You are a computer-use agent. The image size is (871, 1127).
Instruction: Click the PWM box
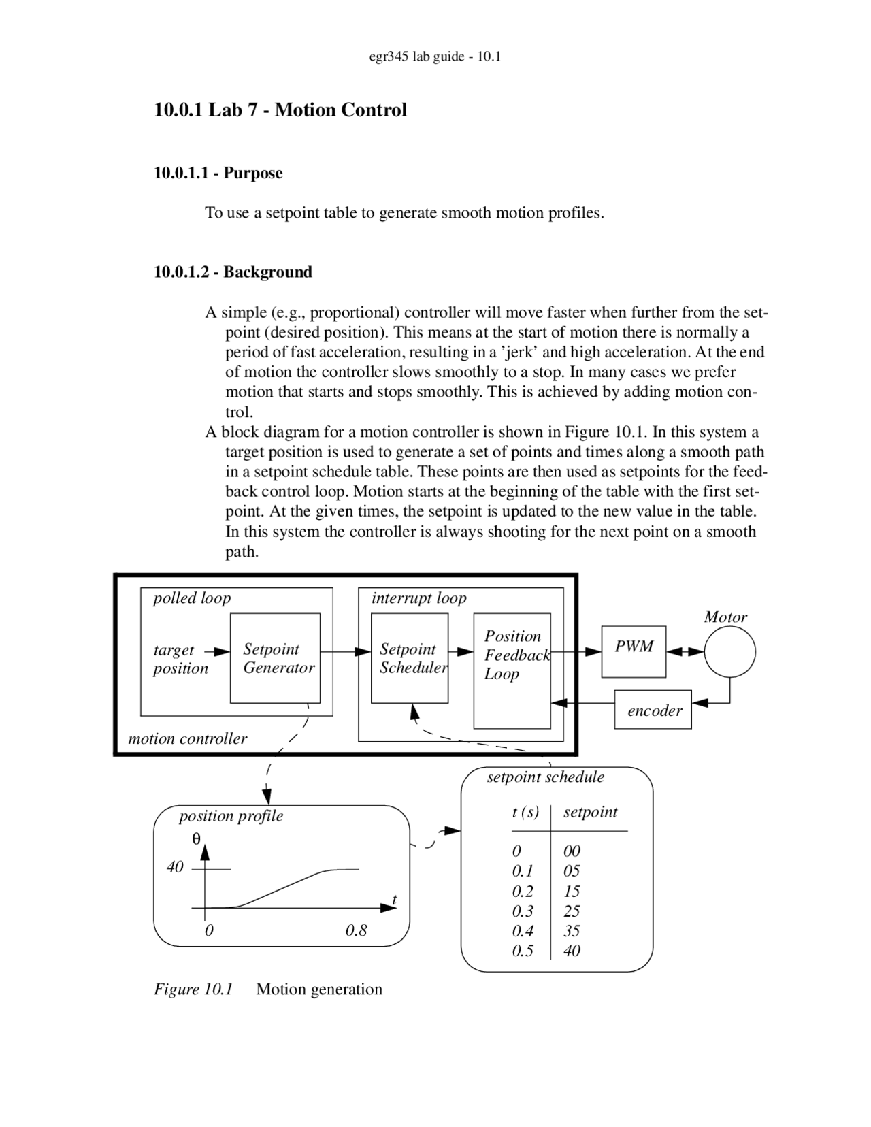click(x=634, y=651)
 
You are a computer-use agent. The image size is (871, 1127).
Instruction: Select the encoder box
click(x=653, y=710)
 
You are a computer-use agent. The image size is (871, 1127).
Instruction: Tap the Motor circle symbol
click(x=729, y=651)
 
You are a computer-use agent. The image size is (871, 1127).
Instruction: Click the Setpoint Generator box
click(x=275, y=658)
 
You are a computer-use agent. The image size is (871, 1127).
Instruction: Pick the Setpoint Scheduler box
click(x=410, y=658)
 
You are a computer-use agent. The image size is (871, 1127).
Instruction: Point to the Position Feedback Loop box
click(x=512, y=670)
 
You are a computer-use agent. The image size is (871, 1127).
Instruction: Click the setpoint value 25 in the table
click(x=572, y=911)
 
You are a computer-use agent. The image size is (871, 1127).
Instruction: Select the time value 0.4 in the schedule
click(x=523, y=930)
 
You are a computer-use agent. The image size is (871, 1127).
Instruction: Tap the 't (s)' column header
click(x=525, y=812)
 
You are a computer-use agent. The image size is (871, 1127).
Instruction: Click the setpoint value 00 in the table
click(x=572, y=851)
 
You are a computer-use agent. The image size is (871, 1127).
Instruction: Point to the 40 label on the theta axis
click(x=175, y=867)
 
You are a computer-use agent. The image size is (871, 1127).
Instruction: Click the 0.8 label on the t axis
click(x=356, y=930)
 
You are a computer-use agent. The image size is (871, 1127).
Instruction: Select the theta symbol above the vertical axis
click(x=197, y=839)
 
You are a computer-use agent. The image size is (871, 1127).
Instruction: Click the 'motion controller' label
click(x=188, y=738)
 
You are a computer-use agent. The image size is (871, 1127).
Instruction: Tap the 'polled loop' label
click(x=192, y=598)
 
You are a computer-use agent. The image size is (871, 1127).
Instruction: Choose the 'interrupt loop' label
click(x=418, y=598)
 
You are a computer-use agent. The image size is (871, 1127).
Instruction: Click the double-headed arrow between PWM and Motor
click(x=685, y=652)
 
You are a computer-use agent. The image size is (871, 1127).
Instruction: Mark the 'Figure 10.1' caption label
click(x=193, y=989)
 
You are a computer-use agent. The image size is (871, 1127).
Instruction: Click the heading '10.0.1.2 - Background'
click(x=233, y=272)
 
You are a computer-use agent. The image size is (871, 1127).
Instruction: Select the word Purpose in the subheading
click(x=252, y=173)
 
